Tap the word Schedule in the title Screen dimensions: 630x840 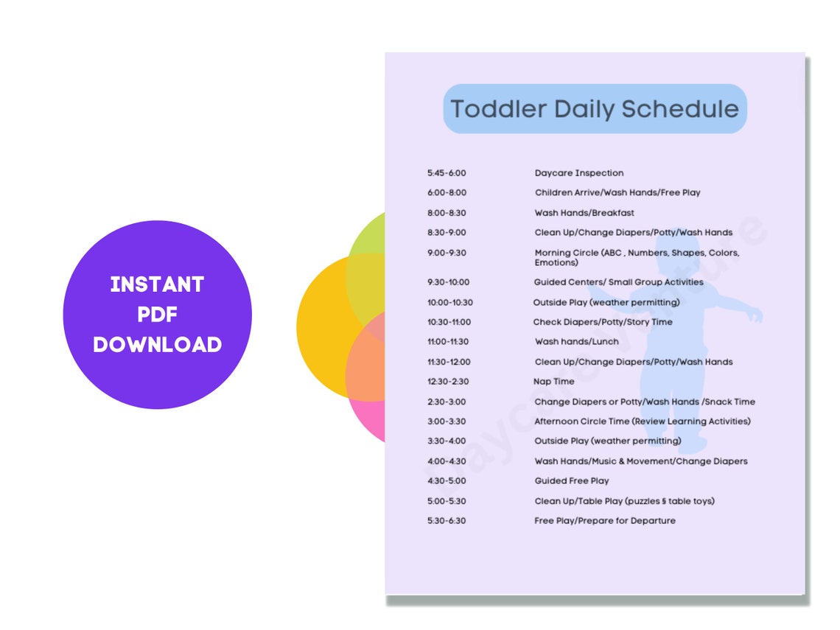point(679,109)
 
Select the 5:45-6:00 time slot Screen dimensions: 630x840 point(447,173)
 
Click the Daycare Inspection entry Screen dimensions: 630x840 point(579,173)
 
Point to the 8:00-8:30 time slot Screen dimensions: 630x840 point(447,213)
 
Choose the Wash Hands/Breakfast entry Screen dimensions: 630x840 point(584,213)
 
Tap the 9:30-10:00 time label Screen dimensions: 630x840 point(448,282)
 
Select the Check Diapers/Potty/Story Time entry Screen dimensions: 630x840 point(603,322)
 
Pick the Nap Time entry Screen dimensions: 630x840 point(554,382)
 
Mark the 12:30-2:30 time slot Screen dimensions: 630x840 point(448,382)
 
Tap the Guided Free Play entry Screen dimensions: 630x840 point(572,481)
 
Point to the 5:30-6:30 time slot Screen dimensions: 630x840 point(447,521)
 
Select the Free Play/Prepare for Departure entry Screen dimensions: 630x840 point(605,521)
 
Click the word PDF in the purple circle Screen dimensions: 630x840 point(157,315)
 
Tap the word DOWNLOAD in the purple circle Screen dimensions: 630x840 point(157,344)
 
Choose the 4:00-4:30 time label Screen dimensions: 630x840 point(447,461)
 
